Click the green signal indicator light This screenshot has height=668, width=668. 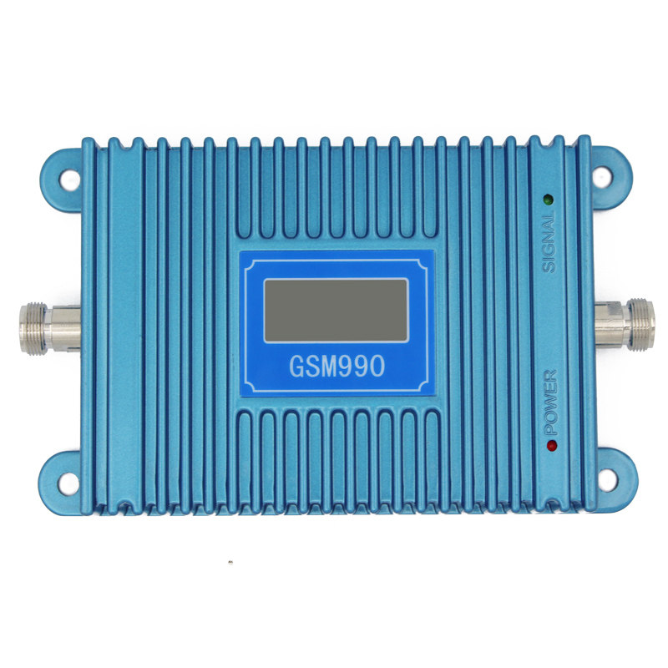(x=548, y=199)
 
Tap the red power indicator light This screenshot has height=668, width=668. (x=552, y=446)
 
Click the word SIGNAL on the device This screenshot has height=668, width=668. (x=549, y=243)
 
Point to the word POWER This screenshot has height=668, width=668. (x=551, y=402)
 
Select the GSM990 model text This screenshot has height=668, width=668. (x=337, y=366)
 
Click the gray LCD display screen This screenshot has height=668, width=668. (x=337, y=310)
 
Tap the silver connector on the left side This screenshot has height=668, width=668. (x=50, y=328)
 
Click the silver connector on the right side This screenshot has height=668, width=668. (x=625, y=324)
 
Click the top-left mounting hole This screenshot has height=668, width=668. (x=69, y=180)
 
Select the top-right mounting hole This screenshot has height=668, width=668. (x=601, y=177)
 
